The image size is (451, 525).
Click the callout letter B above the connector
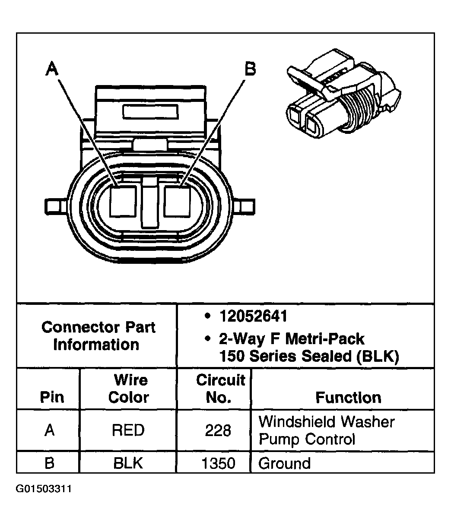(x=250, y=69)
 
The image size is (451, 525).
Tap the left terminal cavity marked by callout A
(x=124, y=201)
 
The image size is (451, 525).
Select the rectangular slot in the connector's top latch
(x=150, y=112)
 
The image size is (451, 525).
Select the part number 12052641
(x=253, y=316)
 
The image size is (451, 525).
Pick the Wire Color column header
(x=128, y=389)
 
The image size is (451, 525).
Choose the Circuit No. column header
(x=220, y=389)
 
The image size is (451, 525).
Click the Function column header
(x=348, y=397)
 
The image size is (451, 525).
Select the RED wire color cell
(x=128, y=430)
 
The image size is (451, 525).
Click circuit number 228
(x=218, y=430)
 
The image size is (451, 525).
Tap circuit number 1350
(x=218, y=463)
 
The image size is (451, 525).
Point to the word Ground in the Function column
(x=284, y=463)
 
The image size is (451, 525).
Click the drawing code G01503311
(x=44, y=489)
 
